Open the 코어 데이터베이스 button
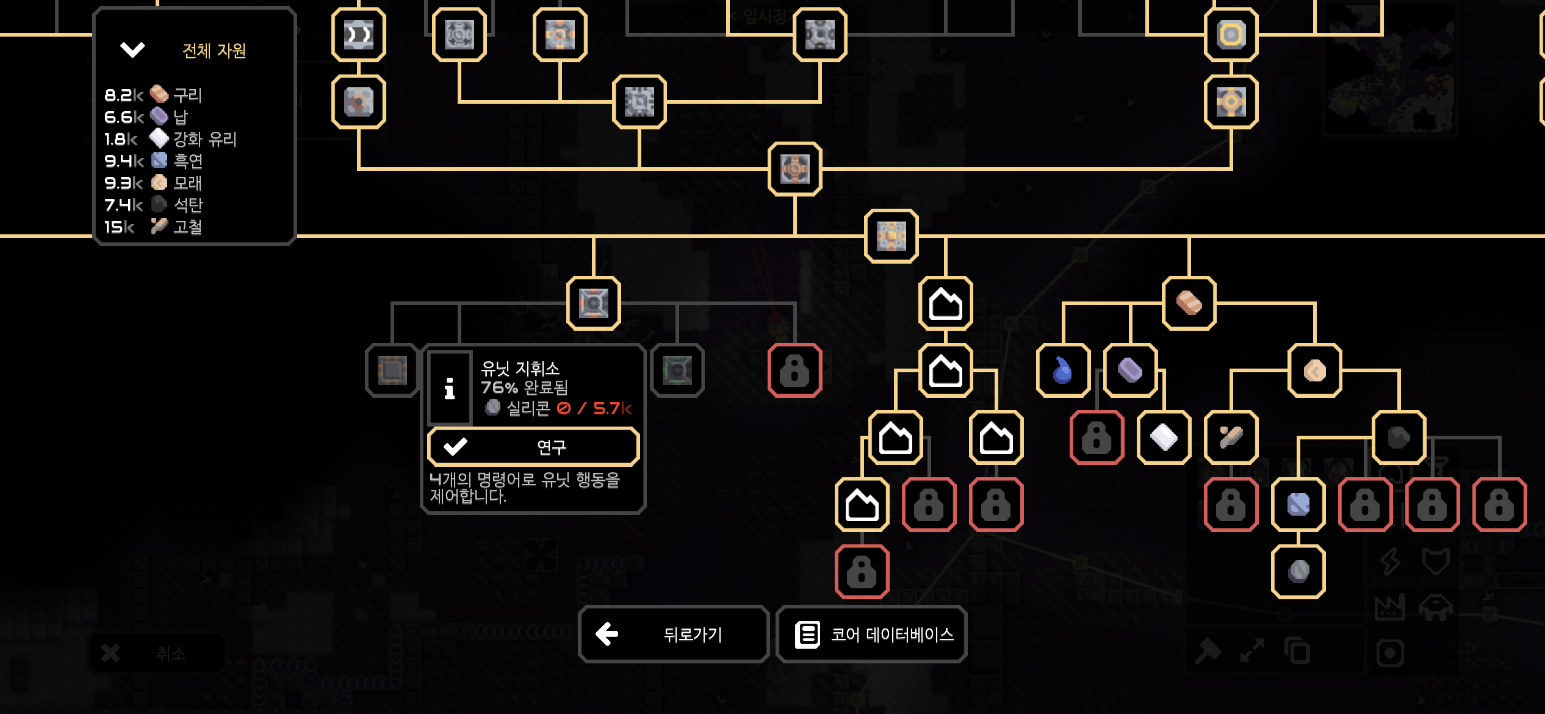(x=871, y=635)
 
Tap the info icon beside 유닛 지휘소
(x=450, y=389)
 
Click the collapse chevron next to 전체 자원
(x=132, y=49)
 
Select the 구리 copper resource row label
(x=187, y=95)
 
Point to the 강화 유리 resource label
(x=204, y=139)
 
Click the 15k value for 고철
(x=119, y=227)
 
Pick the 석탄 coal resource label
(x=188, y=205)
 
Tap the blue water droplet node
(x=1063, y=370)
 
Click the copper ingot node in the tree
(x=1189, y=303)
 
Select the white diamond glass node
(x=1164, y=438)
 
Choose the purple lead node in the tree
(x=1130, y=370)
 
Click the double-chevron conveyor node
(x=359, y=35)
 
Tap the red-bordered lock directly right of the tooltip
(x=794, y=370)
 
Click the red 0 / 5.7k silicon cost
(x=594, y=408)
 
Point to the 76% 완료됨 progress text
(x=524, y=388)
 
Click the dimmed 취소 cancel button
(x=157, y=654)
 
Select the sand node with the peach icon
(x=1314, y=370)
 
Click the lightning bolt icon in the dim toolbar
(x=1390, y=561)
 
